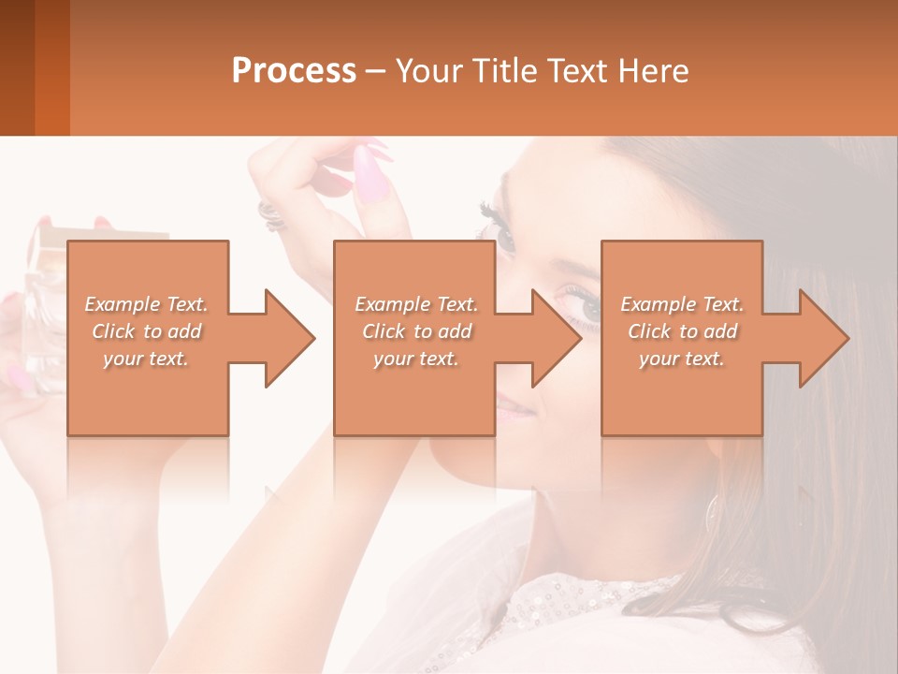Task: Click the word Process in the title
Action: click(294, 70)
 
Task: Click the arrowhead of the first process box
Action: click(290, 338)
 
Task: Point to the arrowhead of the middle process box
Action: click(557, 338)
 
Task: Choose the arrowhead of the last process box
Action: click(824, 338)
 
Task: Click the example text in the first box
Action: click(147, 331)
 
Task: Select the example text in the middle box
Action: click(415, 331)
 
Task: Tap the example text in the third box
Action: click(682, 331)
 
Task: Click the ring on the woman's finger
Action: click(270, 214)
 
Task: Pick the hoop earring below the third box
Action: click(714, 510)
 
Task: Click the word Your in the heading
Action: click(427, 70)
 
